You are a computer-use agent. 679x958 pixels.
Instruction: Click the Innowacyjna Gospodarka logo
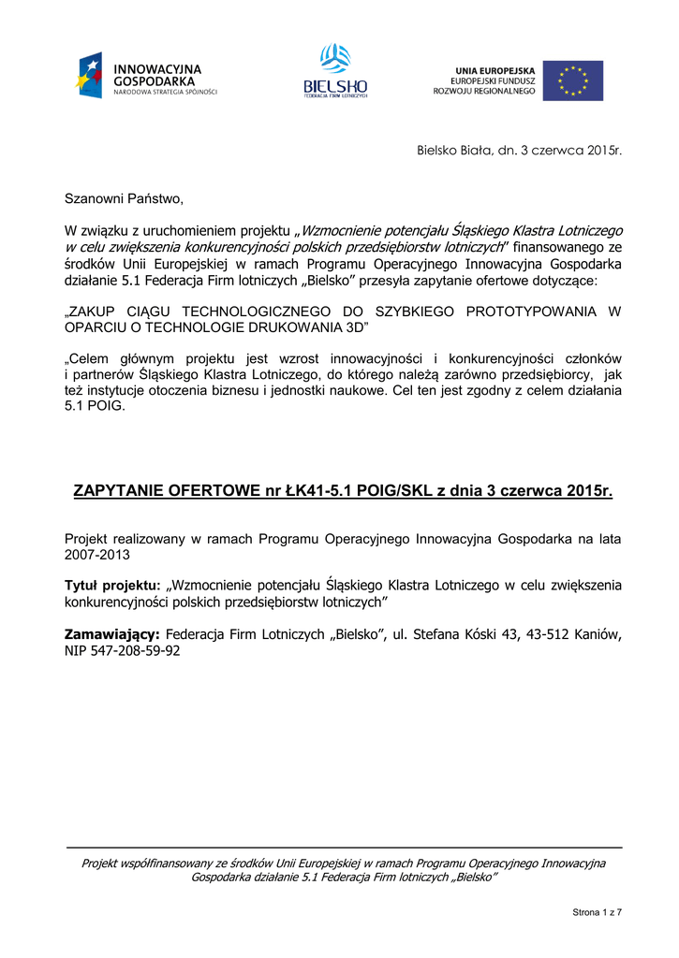coord(146,77)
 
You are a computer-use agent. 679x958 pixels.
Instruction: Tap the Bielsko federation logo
coord(335,71)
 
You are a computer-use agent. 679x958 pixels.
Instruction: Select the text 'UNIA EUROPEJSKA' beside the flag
coord(495,70)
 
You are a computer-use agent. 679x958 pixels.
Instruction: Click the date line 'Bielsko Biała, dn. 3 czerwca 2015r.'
coord(518,151)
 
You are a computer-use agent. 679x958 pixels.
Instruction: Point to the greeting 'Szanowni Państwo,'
coord(124,198)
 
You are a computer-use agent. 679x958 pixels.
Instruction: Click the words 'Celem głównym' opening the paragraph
coord(115,359)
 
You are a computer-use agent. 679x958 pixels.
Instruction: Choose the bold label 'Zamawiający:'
coord(111,635)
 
